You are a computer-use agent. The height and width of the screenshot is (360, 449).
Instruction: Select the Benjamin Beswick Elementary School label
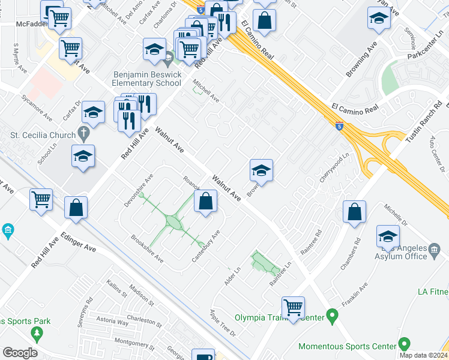(x=146, y=79)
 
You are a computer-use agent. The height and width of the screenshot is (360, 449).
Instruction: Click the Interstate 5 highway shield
(x=340, y=126)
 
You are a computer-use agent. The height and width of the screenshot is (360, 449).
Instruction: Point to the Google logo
(x=20, y=353)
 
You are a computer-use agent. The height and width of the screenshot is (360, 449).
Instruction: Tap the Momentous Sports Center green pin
(x=404, y=345)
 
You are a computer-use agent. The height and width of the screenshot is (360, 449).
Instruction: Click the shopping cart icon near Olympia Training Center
(x=293, y=308)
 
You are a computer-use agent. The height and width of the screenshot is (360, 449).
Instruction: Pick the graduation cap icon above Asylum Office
(x=388, y=236)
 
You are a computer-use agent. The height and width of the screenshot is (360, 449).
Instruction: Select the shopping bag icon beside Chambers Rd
(x=355, y=212)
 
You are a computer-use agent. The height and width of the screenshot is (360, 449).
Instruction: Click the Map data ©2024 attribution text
(x=423, y=355)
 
